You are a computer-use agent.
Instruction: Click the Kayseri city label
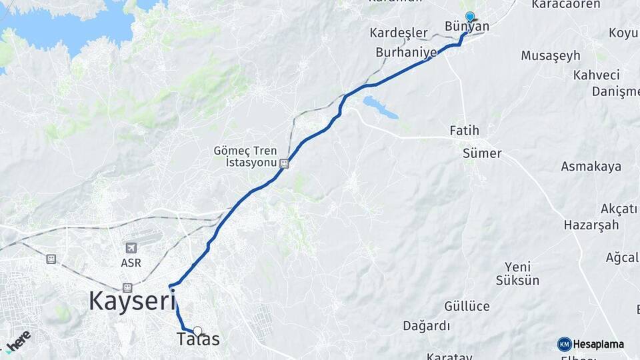pos(131,301)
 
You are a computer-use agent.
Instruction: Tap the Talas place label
pos(198,340)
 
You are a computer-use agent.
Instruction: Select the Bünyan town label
pos(467,27)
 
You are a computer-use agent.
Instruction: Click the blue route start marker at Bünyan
pos(470,17)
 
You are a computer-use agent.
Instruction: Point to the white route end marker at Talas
pos(197,330)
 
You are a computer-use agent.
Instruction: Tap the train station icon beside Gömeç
pos(285,163)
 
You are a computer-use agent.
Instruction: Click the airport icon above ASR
pos(130,249)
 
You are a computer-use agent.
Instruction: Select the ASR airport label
pos(131,263)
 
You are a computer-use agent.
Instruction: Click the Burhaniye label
pos(406,51)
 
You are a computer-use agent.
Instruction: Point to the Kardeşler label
pos(398,33)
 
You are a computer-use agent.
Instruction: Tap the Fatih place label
pos(464,130)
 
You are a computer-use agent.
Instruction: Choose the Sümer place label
pos(481,153)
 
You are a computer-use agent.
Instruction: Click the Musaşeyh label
pos(551,55)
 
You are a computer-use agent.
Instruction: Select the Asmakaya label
pos(591,167)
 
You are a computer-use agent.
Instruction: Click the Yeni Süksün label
pos(517,273)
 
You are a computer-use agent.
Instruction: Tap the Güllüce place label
pos(467,307)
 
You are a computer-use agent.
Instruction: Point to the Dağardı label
pos(426,326)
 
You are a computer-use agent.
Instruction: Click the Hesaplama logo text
pos(598,345)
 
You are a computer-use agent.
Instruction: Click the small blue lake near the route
pos(380,107)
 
